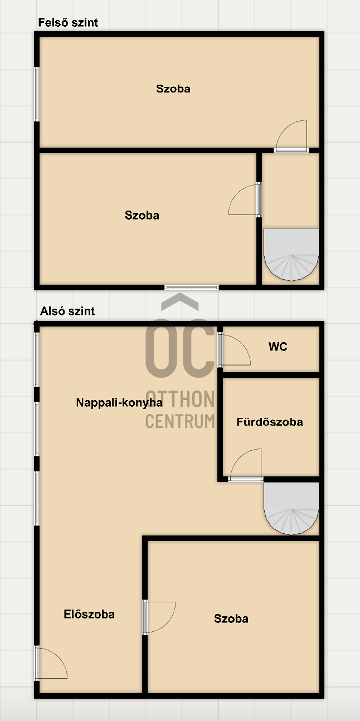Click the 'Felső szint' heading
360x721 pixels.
(x=68, y=22)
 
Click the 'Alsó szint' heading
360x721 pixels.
(x=67, y=311)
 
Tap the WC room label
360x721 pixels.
(x=278, y=347)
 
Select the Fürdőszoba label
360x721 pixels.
(x=270, y=422)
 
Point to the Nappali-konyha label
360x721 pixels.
(x=119, y=402)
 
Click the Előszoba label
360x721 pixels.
(x=89, y=614)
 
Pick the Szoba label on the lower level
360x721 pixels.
(x=231, y=618)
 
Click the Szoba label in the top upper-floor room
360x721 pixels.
(x=173, y=89)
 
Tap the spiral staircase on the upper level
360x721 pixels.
(x=291, y=254)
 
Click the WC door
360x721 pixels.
(x=234, y=350)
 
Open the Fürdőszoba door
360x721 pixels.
(x=246, y=465)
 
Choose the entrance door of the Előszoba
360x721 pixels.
(x=51, y=663)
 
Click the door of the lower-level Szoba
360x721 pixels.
(x=159, y=617)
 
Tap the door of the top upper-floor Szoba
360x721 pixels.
(x=291, y=136)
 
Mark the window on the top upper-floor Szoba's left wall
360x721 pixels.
(x=37, y=94)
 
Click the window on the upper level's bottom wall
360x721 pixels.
(x=192, y=288)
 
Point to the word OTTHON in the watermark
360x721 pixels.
(x=181, y=399)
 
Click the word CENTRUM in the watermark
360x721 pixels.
(x=181, y=421)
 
